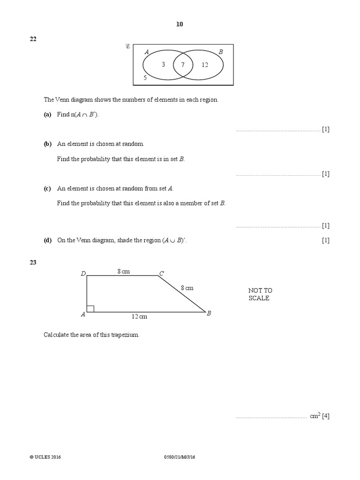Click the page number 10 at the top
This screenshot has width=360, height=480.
180,24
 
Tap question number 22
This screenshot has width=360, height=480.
33,39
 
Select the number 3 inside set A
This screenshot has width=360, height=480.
163,65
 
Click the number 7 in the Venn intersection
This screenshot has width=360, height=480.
183,65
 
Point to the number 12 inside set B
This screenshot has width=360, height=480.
205,65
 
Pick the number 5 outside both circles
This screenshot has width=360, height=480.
145,78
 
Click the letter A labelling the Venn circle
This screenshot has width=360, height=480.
147,52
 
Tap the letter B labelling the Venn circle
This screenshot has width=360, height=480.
221,52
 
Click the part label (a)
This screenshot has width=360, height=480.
47,114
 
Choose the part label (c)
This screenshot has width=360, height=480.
47,188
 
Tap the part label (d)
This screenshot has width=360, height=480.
47,240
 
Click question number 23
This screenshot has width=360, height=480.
33,262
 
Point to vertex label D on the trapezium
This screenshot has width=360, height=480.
83,274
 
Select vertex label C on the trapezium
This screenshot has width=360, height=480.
161,273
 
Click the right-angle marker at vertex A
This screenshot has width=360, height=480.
90,308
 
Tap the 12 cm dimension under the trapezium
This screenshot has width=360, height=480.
139,316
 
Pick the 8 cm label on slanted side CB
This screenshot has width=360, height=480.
186,288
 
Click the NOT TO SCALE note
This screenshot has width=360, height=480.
260,294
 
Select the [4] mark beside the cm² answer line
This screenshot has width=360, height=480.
325,416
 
